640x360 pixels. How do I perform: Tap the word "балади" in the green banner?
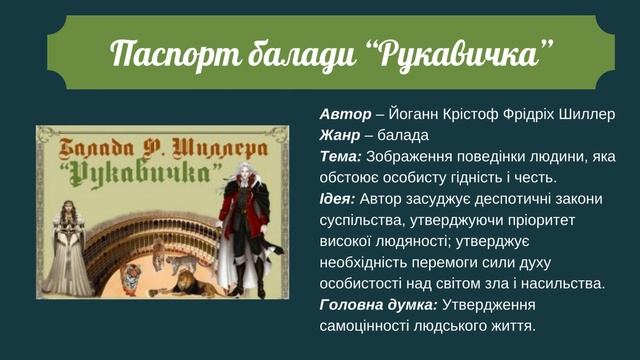(304, 52)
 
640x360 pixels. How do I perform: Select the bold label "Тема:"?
(341, 156)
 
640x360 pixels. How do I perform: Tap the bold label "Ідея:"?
(339, 198)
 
